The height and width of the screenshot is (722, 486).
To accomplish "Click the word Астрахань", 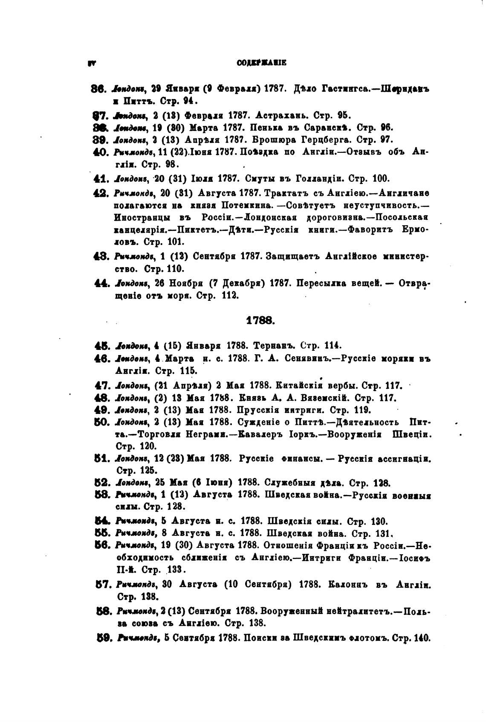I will [x=279, y=115].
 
